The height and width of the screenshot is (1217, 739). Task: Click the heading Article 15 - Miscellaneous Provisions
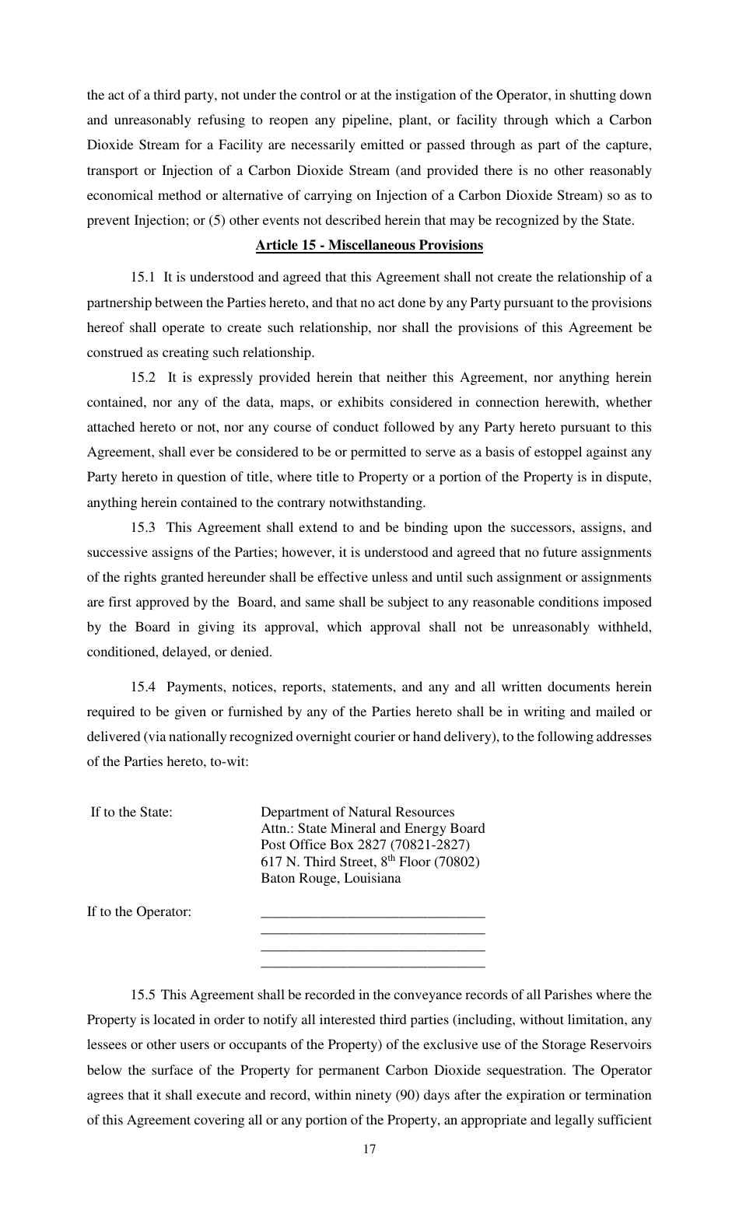(x=369, y=246)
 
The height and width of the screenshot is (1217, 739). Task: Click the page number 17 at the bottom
(x=369, y=1150)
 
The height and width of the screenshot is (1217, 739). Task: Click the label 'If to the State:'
(x=131, y=813)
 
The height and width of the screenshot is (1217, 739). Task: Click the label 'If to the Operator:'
(x=138, y=912)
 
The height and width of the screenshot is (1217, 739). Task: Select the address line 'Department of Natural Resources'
(x=357, y=813)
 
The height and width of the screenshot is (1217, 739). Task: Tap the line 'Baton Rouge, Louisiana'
(x=331, y=879)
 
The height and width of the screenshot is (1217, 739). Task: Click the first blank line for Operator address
(x=373, y=915)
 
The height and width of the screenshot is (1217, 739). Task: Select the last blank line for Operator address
(x=373, y=965)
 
